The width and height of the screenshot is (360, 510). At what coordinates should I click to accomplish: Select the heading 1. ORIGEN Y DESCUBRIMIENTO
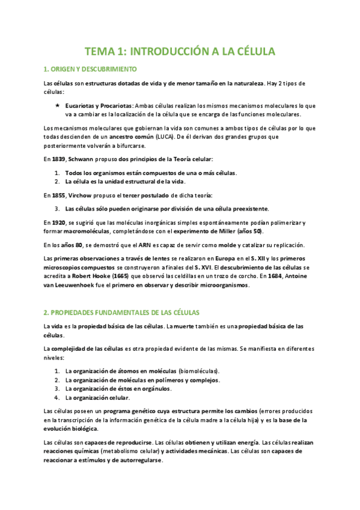point(91,69)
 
